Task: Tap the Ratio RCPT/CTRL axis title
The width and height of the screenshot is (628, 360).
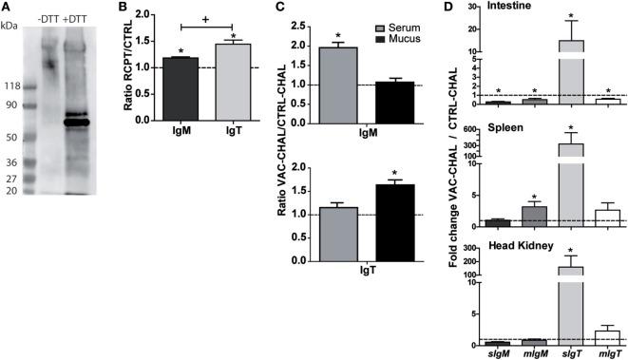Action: coord(132,72)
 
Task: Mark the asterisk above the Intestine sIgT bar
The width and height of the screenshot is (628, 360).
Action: coord(570,16)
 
